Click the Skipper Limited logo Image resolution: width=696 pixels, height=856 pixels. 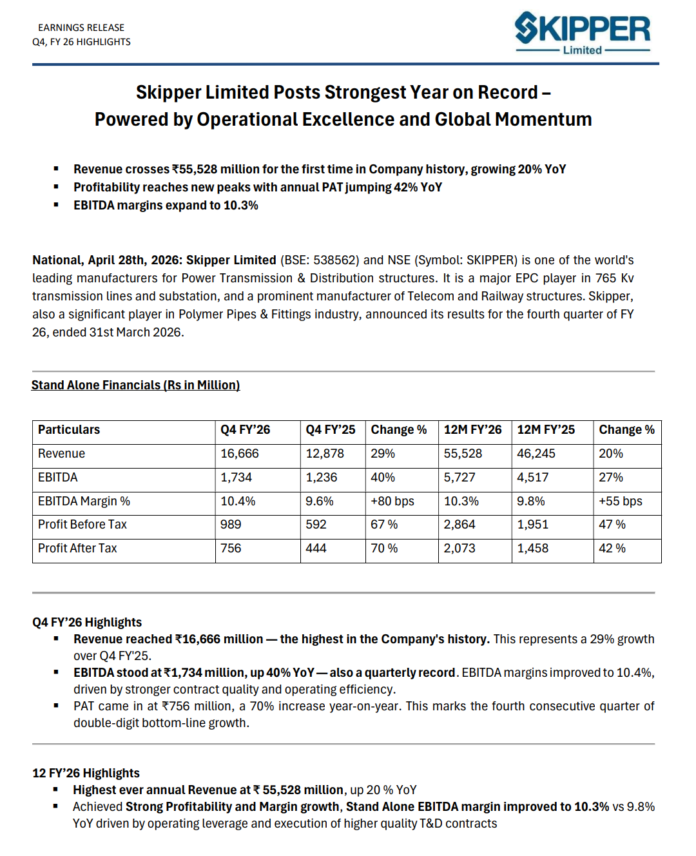coord(582,33)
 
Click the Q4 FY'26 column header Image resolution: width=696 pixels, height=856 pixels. coord(245,430)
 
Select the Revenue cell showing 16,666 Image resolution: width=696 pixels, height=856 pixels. coord(240,454)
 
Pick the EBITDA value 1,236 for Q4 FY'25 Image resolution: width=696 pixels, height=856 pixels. coord(321,478)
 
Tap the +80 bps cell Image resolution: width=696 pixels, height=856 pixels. coord(392,501)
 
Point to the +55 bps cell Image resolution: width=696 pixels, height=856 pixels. coord(620,501)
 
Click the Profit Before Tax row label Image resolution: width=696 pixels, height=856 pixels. coord(82,525)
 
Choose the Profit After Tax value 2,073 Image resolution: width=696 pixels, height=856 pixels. coord(459,549)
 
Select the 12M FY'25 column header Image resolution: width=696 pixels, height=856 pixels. coord(546,430)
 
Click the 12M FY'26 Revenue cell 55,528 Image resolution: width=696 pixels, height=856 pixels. coord(463,454)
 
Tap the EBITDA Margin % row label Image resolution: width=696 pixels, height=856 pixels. coord(84,501)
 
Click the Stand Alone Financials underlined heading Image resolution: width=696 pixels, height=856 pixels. coord(135,385)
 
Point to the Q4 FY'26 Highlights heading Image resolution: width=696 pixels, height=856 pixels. coord(87,623)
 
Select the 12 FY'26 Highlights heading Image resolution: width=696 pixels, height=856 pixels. coord(86,773)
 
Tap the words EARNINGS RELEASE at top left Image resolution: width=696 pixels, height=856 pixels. coord(81,28)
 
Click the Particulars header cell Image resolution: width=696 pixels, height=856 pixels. coord(69,430)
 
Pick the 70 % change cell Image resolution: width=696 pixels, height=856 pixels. coord(384,549)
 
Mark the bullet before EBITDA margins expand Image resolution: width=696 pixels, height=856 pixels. coord(57,205)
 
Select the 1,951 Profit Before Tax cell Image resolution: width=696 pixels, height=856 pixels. coord(532,525)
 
